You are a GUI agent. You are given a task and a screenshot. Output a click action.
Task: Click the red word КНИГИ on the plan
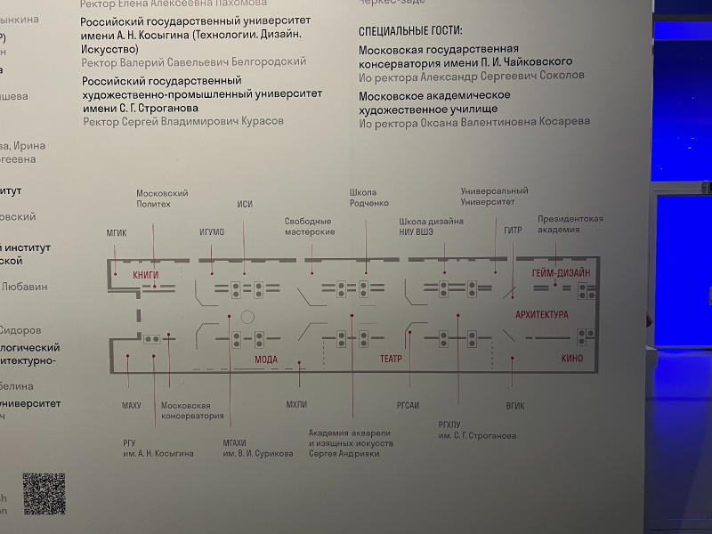[x=145, y=276]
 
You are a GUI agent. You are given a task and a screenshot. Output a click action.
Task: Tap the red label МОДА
[x=266, y=360]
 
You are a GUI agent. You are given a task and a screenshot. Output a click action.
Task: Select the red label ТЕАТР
[x=392, y=359]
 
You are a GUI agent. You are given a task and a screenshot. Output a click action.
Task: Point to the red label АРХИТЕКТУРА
[x=541, y=315]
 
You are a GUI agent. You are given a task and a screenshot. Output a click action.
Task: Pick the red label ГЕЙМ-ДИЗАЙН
[x=561, y=274]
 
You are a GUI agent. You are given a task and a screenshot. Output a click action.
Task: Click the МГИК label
[x=117, y=232]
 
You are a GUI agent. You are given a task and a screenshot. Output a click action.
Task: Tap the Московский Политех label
[x=153, y=198]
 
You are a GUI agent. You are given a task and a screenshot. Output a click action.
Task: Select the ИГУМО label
[x=212, y=232]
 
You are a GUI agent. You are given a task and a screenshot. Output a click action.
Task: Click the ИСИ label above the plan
[x=245, y=205]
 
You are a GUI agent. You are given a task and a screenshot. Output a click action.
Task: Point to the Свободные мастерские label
[x=309, y=226]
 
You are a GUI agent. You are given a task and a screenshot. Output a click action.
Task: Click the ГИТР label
[x=513, y=231]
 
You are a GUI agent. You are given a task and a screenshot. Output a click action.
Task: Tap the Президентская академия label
[x=570, y=223]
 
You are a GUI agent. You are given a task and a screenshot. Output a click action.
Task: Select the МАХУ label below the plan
[x=131, y=406]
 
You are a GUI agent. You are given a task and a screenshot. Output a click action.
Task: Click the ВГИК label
[x=514, y=406]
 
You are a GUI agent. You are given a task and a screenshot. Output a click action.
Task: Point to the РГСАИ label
[x=408, y=406]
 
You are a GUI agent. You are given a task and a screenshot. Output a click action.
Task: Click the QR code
[x=44, y=493]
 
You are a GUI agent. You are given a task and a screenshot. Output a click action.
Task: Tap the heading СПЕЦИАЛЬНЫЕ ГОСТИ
[x=410, y=31]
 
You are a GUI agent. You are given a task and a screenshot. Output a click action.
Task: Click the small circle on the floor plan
[x=248, y=317]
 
